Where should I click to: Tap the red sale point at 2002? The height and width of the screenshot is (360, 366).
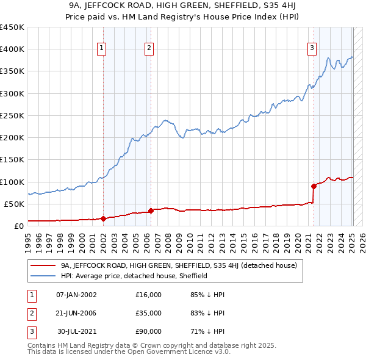tap(103, 218)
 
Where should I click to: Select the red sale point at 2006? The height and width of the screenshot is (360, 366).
tap(151, 211)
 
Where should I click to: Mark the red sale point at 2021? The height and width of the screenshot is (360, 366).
tap(314, 186)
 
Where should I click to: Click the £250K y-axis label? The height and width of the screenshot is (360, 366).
tap(12, 115)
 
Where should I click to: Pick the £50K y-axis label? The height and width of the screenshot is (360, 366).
tap(15, 204)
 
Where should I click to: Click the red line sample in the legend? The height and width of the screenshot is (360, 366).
tap(43, 265)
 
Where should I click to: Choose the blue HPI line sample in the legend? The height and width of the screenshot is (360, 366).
tap(43, 276)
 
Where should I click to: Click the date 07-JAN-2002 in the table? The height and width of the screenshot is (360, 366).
tap(76, 295)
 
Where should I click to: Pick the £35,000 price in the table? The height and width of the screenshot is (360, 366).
tap(148, 313)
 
